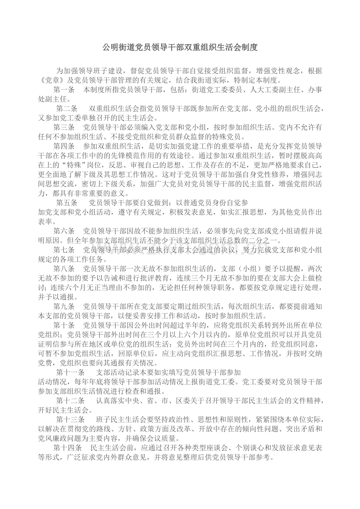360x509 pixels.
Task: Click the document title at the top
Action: tap(180, 48)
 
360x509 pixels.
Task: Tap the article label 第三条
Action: tap(64, 127)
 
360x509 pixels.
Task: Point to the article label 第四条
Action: tap(64, 146)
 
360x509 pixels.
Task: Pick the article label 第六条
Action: tap(64, 231)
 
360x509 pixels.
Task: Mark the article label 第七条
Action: tap(64, 249)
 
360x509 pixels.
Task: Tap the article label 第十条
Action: tap(64, 325)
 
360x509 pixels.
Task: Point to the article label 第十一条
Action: tap(70, 372)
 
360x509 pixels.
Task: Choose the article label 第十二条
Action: tap(70, 400)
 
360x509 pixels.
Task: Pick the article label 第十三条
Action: tap(70, 419)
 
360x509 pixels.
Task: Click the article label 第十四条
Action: tap(67, 447)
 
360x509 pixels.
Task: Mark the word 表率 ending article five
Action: tap(45, 221)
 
